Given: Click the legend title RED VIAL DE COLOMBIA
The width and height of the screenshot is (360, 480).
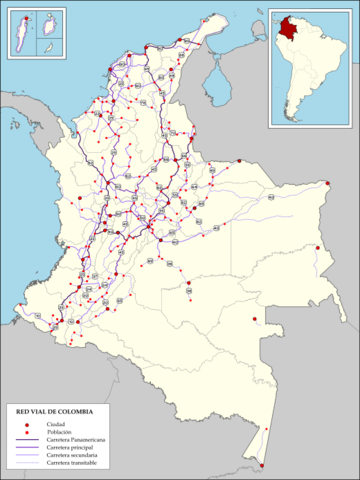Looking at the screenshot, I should point(53,411).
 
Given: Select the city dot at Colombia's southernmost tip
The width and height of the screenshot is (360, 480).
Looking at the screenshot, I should point(261,465).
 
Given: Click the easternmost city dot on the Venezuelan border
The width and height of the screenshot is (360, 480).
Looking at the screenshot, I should point(328,182).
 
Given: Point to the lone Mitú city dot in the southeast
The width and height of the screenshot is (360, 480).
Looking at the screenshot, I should point(255,320).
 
